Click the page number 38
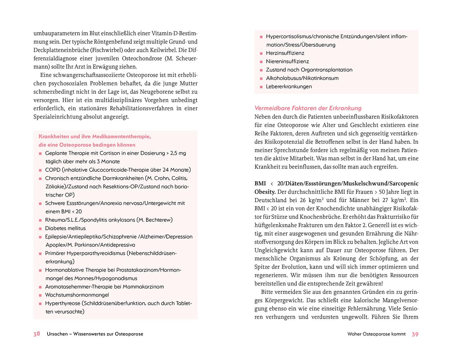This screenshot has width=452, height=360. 36,334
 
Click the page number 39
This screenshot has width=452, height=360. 415,334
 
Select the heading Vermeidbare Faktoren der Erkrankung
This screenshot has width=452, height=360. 308,108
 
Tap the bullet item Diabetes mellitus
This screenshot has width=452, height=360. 65,228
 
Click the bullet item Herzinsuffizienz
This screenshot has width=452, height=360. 285,53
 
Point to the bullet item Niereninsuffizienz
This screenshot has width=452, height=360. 287,61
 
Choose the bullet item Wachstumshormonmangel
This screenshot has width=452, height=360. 77,295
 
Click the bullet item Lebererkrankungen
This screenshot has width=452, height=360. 289,86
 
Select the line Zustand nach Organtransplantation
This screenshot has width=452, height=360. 309,70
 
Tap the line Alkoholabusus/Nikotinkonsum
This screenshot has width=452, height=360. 302,78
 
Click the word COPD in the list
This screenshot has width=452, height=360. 52,170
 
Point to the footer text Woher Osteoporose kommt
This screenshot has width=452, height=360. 376,334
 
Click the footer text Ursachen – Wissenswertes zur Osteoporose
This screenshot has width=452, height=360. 95,334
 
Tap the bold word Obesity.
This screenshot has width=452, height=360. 264,192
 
